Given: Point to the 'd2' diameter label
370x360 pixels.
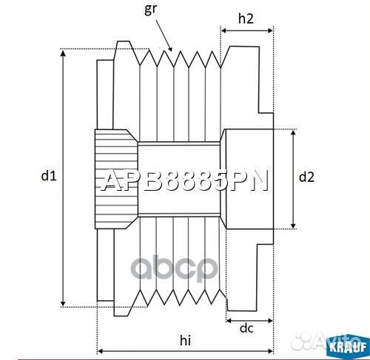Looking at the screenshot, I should pos(306,177).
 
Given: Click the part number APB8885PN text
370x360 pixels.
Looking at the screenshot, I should pos(185,181).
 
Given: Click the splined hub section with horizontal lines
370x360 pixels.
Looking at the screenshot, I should pos(115,177).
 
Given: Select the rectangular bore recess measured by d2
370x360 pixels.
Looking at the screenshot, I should pos(248,178).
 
